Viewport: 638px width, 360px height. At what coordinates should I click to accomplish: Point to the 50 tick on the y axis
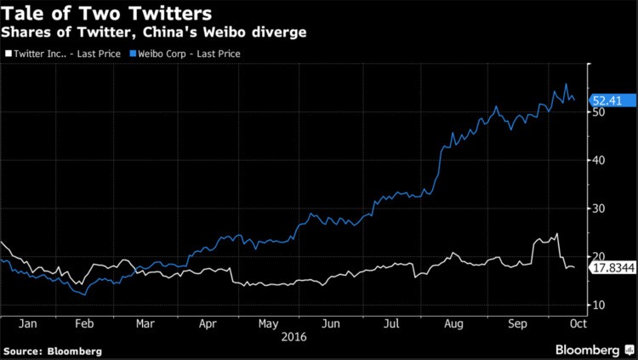600,111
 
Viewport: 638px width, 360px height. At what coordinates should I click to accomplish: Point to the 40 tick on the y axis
600,160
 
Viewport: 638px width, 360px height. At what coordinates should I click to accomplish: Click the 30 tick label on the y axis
600,209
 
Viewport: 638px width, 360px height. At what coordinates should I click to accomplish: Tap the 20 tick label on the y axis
600,256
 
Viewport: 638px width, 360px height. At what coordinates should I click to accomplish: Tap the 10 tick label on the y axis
600,305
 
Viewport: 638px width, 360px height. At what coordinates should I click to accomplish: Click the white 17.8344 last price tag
612,267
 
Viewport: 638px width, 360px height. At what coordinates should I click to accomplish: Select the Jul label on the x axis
392,324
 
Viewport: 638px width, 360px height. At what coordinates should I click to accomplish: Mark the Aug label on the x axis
453,324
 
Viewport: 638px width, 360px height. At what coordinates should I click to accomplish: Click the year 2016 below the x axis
293,337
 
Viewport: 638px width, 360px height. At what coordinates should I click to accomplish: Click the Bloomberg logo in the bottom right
587,350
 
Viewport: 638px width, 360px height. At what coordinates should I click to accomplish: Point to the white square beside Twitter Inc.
8,54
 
